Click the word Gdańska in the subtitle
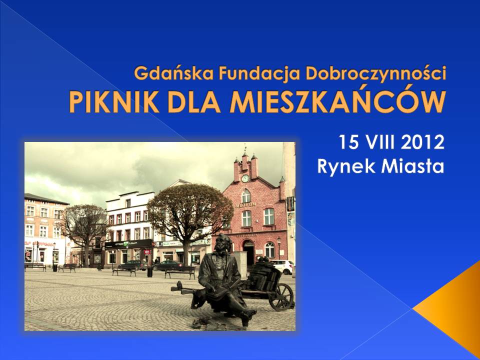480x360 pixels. pos(173,73)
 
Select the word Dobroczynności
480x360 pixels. pos(376,74)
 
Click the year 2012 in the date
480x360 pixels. pos(422,142)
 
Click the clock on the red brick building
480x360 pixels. pos(245,178)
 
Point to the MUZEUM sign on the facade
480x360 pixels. pos(245,204)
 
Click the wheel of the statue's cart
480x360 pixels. pos(281,296)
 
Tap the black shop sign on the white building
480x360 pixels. pos(128,243)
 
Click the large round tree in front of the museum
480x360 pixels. pos(190,211)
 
